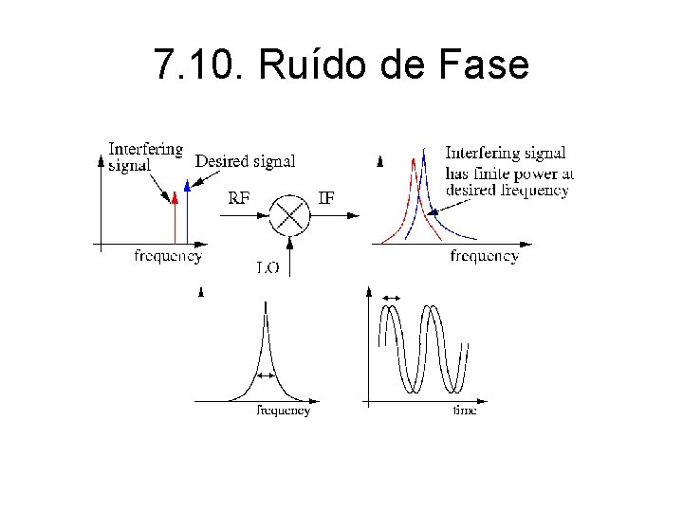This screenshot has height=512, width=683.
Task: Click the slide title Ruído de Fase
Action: click(341, 64)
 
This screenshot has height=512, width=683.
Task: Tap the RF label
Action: click(240, 198)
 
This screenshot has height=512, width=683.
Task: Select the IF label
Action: click(325, 198)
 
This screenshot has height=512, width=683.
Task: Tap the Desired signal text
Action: click(245, 161)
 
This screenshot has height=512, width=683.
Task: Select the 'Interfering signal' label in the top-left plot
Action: click(145, 156)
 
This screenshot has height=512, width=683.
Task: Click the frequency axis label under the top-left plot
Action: click(168, 256)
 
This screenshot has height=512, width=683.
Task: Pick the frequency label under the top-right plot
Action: click(484, 256)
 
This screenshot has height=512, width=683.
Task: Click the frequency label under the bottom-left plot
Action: click(284, 411)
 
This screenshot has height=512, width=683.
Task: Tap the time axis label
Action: click(465, 411)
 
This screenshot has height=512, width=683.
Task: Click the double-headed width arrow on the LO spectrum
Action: click(266, 376)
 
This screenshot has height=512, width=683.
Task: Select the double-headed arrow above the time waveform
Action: click(391, 300)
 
